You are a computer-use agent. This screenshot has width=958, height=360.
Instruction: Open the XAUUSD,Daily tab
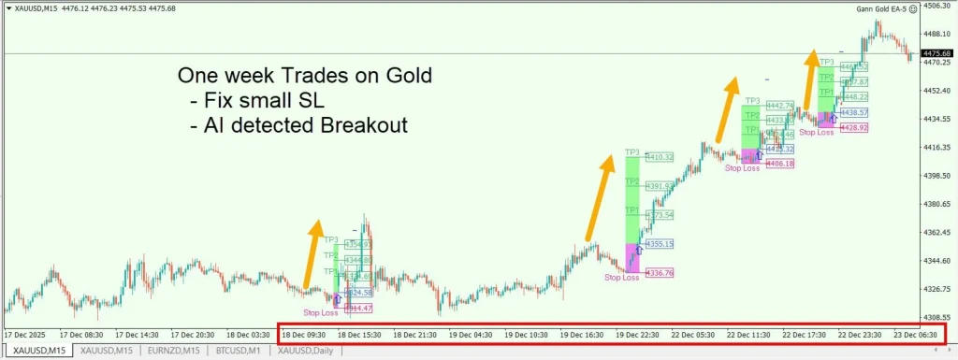click(x=307, y=351)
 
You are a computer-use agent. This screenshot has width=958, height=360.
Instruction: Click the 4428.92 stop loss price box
click(x=854, y=127)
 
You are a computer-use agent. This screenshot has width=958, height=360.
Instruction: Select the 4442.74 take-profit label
click(x=779, y=106)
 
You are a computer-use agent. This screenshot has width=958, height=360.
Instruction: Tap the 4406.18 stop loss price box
click(x=779, y=164)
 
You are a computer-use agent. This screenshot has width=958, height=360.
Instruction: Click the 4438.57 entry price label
click(x=854, y=112)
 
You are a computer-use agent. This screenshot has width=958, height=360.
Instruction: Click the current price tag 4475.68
click(x=936, y=52)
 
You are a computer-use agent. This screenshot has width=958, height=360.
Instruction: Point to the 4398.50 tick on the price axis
click(x=936, y=176)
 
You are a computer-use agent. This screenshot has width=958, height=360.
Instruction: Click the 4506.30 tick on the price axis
click(x=936, y=6)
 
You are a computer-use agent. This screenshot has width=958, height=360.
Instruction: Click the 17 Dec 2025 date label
click(x=26, y=334)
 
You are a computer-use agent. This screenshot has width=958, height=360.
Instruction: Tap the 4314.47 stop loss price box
click(x=358, y=308)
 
